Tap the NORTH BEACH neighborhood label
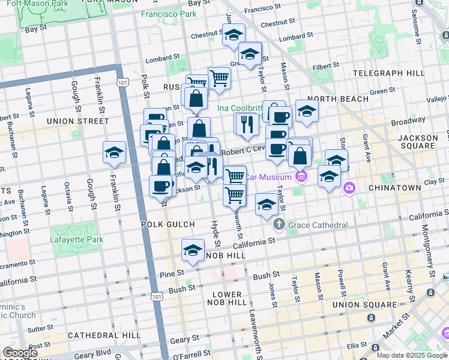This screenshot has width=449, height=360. tap(338, 99)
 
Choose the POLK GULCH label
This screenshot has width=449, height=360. tap(168, 224)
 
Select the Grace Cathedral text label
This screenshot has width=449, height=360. tap(318, 225)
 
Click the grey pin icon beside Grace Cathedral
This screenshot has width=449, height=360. tap(279, 225)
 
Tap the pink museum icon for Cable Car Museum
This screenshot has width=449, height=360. tap(301, 176)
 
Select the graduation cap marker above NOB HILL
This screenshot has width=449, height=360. tap(193, 250)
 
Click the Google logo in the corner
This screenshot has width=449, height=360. tap(19, 353)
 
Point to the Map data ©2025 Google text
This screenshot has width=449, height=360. tap(412, 355)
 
